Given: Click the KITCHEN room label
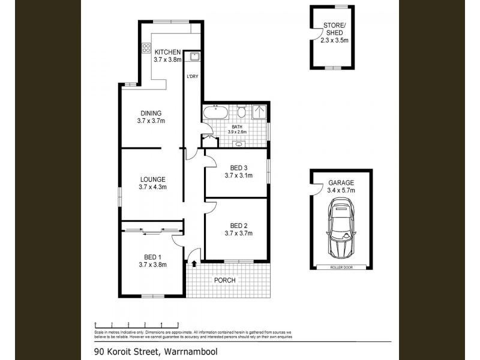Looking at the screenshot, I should click(x=167, y=52).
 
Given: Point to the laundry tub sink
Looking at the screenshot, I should click(x=194, y=57).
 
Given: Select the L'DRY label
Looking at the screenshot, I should click(x=192, y=76).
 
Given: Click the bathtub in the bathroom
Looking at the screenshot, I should click(x=215, y=112).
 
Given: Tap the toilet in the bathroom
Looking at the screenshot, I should click(x=241, y=112).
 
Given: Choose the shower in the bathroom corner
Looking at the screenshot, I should click(x=259, y=112).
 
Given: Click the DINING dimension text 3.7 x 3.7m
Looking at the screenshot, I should click(x=151, y=121).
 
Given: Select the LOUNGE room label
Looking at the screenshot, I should click(x=153, y=179).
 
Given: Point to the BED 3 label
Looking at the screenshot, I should click(x=238, y=167).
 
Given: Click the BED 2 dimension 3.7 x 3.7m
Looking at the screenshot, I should click(x=238, y=233).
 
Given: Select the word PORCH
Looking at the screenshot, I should click(x=225, y=280).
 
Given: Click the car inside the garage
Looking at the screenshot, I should click(x=340, y=228).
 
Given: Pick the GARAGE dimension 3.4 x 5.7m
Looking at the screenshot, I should click(x=341, y=190).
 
